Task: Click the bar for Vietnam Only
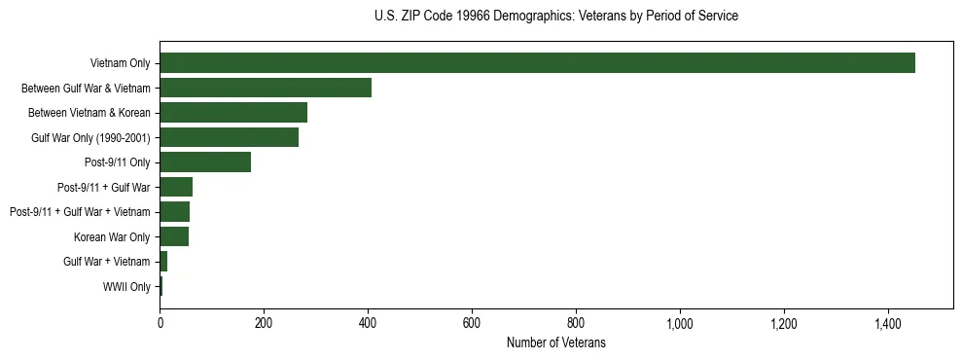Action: (x=537, y=63)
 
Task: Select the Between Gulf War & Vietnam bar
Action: (x=266, y=88)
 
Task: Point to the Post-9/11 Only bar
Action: (x=205, y=162)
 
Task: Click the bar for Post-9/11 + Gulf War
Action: (x=176, y=187)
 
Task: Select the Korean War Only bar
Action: (x=174, y=236)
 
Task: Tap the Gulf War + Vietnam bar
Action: (x=163, y=262)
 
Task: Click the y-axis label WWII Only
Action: (x=126, y=287)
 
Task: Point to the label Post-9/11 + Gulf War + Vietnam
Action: (x=80, y=212)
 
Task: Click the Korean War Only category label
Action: (x=112, y=236)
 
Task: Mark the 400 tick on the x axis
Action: (x=368, y=323)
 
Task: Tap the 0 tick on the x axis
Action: (x=160, y=323)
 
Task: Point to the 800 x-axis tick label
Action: (x=576, y=323)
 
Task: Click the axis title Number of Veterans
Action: (x=555, y=342)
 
